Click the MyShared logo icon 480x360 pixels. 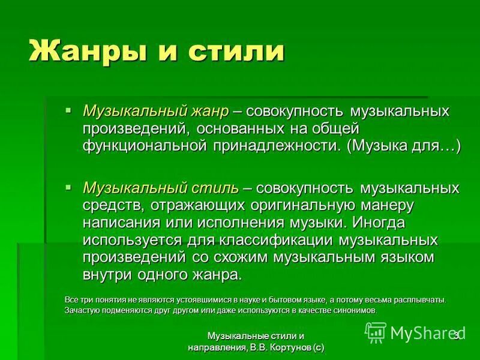[x=376, y=332]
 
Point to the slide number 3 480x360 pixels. [x=456, y=335]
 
